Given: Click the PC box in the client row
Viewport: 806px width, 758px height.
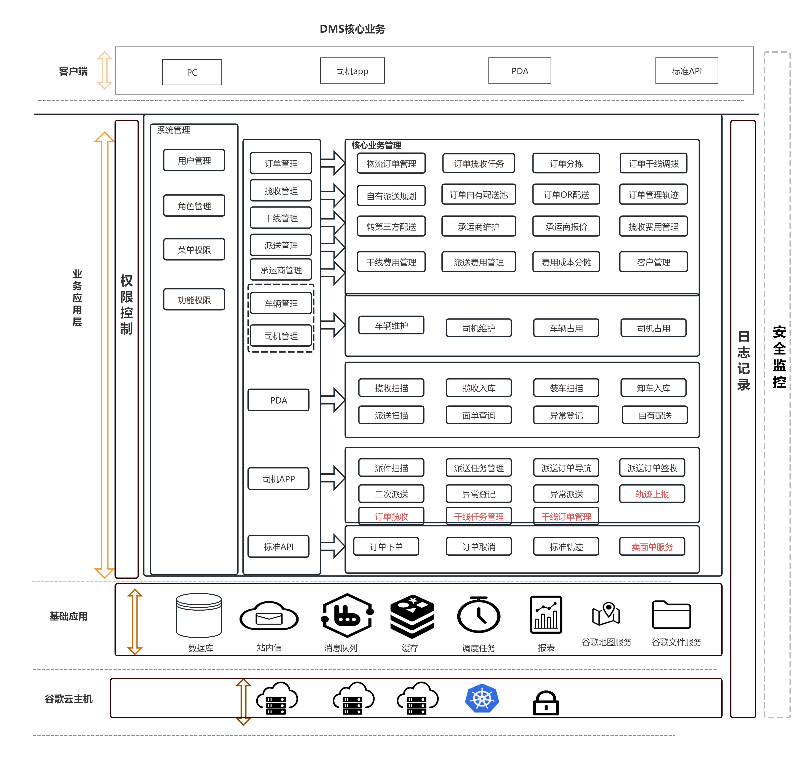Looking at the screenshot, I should click(192, 72).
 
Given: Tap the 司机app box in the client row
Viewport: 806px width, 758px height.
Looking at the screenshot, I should click(352, 71).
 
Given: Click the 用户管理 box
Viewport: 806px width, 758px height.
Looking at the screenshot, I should click(194, 160).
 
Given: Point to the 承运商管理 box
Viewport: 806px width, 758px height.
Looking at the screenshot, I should click(281, 270).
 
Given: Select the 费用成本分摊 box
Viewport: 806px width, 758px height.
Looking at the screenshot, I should click(566, 262).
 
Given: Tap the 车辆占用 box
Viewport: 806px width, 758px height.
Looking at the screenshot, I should click(566, 328).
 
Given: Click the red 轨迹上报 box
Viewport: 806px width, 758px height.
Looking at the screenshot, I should click(652, 494).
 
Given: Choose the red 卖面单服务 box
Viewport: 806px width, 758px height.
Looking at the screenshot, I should click(652, 546).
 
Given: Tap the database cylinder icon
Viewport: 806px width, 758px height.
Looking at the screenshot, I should click(199, 615).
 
